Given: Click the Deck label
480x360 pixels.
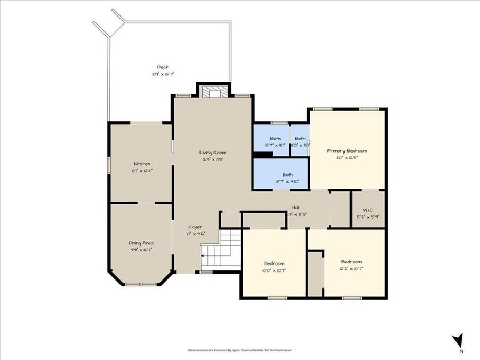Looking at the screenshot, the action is tap(163, 67).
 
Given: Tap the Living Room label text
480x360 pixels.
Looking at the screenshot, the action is tap(212, 153).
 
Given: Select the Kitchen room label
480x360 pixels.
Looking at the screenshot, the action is tap(142, 164).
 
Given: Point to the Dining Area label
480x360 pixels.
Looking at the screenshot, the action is tap(141, 243).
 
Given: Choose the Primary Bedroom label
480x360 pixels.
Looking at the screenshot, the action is tap(347, 150).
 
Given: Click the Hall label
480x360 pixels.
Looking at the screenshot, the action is tap(295, 207).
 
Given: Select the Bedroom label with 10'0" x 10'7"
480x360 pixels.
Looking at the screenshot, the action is tap(274, 263).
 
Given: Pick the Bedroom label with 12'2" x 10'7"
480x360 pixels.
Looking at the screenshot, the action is tap(351, 262).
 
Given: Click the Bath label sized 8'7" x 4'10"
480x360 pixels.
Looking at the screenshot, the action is tap(287, 174).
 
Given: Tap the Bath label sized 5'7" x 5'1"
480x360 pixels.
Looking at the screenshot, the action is tap(275, 139).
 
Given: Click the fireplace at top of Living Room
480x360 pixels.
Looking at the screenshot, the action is tap(213, 92).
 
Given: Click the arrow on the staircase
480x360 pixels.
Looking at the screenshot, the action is tap(203, 256).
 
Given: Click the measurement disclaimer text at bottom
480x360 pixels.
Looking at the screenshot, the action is tap(239, 350).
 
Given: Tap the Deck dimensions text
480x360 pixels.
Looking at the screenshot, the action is tap(163, 74).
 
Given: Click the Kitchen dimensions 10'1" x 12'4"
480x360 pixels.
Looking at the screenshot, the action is tap(142, 171).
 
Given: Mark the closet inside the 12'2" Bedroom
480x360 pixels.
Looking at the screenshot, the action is tap(315, 274).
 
